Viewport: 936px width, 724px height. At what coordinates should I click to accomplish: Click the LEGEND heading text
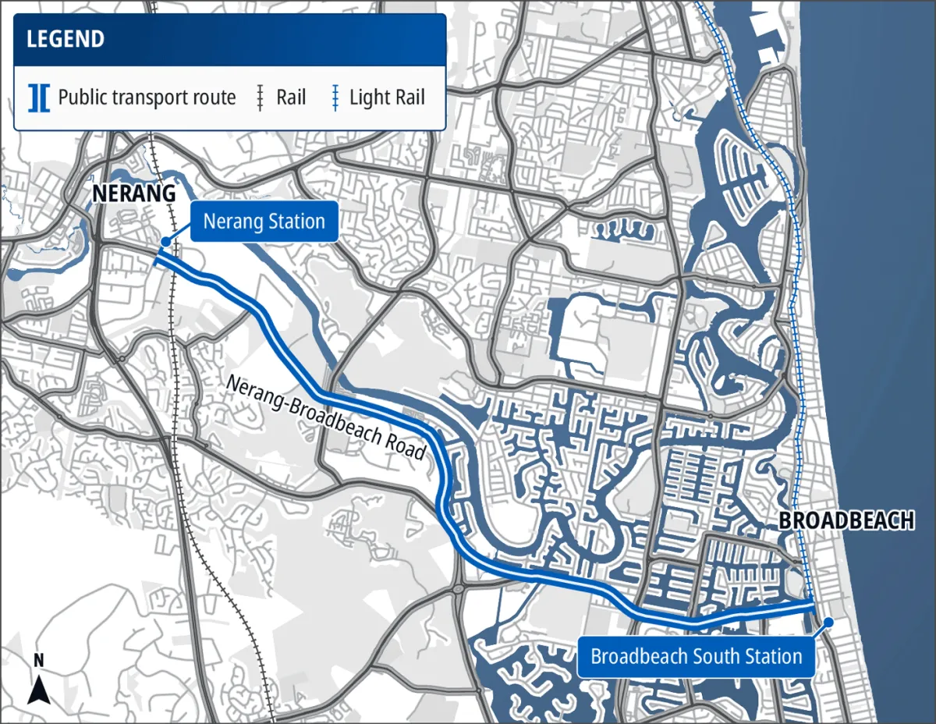[x=66, y=40]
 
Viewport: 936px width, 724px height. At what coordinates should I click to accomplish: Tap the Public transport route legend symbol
[x=38, y=98]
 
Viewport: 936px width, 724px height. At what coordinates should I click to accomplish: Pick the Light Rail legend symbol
[x=335, y=98]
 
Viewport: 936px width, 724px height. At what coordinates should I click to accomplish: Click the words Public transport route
[x=147, y=98]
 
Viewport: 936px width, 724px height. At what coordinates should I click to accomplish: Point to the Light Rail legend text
[x=387, y=98]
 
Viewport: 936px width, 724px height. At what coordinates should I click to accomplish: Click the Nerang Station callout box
[x=264, y=222]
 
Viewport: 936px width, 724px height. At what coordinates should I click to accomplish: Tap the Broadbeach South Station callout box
[x=696, y=656]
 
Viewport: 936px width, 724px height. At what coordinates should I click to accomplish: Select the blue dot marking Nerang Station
[x=165, y=243]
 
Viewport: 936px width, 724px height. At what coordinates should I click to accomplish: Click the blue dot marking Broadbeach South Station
[x=829, y=622]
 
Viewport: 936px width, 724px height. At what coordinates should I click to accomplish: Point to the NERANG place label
[x=133, y=194]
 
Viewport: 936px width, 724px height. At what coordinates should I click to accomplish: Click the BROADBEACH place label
[x=846, y=521]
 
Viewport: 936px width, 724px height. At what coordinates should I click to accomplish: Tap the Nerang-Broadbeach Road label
[x=327, y=417]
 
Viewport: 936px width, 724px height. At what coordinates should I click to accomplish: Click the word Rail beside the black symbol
[x=291, y=98]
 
